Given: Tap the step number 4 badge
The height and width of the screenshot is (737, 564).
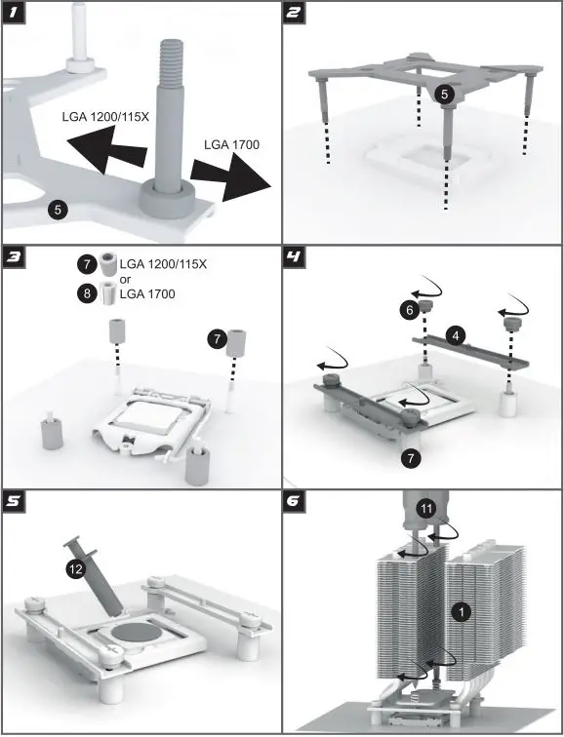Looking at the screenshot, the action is point(294,257).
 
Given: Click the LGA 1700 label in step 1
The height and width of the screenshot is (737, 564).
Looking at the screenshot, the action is point(231,144).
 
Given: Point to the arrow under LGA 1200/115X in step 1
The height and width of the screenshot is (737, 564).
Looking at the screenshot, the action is point(106,148).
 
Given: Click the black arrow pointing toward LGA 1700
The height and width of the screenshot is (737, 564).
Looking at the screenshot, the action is point(231,176).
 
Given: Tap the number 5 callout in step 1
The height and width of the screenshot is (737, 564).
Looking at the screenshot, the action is point(58,209).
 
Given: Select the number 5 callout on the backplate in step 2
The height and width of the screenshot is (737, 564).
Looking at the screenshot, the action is point(445,95).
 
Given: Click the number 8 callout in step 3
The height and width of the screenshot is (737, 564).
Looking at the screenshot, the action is point(87,293).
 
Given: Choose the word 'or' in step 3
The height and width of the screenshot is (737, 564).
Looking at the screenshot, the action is point(126,279).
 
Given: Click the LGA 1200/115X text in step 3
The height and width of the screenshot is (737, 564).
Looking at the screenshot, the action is point(163,264).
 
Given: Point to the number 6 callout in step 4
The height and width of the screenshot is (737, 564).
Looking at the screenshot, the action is point(410,310).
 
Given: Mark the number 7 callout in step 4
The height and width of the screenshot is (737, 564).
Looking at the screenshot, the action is point(411,457).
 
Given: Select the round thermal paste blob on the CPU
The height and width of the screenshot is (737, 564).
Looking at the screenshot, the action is point(135,632).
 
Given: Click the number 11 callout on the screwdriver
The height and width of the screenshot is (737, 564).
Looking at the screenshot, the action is point(426,509).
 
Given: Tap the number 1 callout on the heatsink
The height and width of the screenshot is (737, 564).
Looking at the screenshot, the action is point(461,612).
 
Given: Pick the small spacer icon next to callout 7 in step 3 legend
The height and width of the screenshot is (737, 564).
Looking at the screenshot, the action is point(107,264).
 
